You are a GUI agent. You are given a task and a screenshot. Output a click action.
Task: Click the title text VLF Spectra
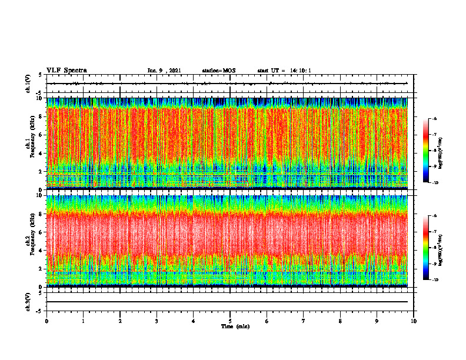click(66, 71)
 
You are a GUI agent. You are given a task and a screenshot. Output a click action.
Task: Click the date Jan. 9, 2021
click(164, 71)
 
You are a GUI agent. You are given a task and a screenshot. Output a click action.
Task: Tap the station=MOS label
click(218, 71)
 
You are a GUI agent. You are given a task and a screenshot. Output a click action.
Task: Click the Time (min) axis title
click(235, 326)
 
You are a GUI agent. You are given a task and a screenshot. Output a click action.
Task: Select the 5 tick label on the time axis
click(230, 321)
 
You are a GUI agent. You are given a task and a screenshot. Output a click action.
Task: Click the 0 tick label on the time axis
click(46, 321)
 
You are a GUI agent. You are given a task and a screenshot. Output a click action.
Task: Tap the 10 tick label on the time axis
click(414, 321)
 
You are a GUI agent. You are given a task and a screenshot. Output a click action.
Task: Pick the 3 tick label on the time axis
click(157, 321)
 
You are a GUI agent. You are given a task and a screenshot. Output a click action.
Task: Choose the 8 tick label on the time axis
click(340, 321)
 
